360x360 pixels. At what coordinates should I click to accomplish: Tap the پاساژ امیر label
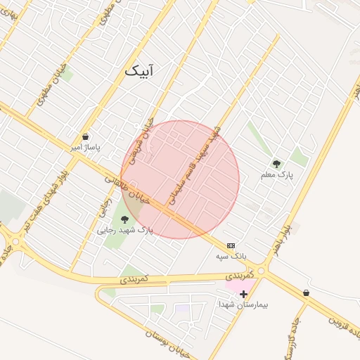85,148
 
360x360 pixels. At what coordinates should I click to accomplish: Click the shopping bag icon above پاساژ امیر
85,136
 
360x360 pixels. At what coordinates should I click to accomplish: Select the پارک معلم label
276,174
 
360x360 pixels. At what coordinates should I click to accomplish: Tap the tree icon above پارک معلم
276,162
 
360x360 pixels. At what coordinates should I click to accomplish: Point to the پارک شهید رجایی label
124,230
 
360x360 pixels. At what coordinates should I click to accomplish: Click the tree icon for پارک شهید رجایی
124,219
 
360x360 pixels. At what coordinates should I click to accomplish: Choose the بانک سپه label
231,257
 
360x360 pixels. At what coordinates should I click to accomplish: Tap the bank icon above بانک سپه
231,245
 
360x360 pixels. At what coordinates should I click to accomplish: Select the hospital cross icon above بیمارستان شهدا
244,293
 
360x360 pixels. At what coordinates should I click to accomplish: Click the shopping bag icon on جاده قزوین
306,292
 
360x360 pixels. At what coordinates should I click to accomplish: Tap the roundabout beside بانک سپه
262,270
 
